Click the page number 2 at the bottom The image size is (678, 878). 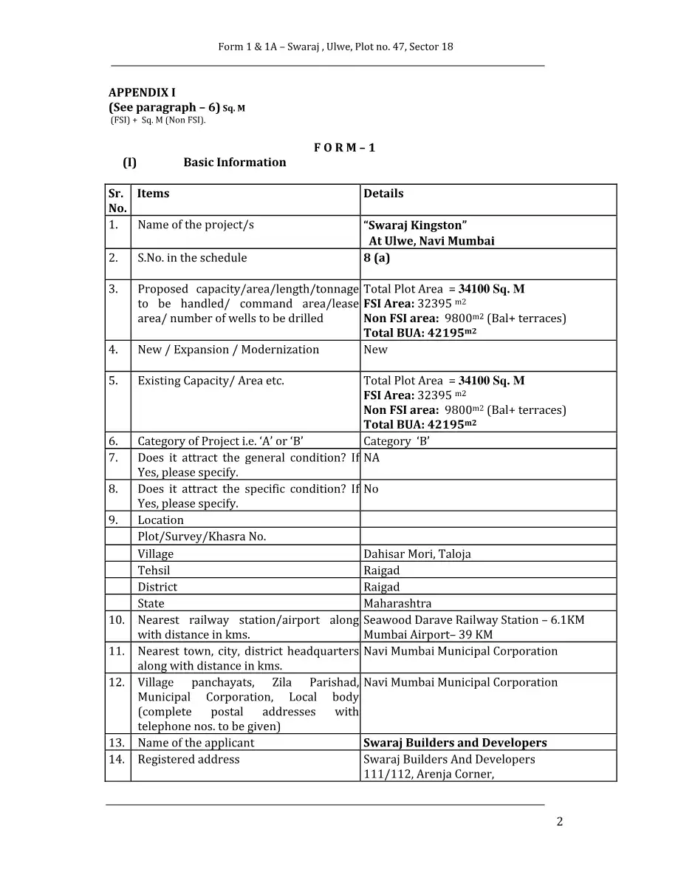559,822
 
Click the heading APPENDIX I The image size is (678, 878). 142,92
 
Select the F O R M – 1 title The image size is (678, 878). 344,147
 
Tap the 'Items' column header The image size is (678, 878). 153,194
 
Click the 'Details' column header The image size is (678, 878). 383,194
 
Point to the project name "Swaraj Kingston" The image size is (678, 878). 414,225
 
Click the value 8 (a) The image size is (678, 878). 377,258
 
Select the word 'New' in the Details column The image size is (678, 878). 375,350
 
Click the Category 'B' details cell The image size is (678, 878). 397,441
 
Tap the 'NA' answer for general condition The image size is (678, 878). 371,458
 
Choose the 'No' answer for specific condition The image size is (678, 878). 371,489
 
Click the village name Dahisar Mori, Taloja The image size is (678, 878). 417,554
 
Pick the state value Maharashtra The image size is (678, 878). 397,604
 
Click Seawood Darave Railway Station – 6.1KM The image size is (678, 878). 473,620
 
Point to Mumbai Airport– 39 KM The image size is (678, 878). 428,635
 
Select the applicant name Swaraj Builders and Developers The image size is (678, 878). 455,743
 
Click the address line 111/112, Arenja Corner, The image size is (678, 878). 428,774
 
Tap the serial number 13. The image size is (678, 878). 117,743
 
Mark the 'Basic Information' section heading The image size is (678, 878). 234,163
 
